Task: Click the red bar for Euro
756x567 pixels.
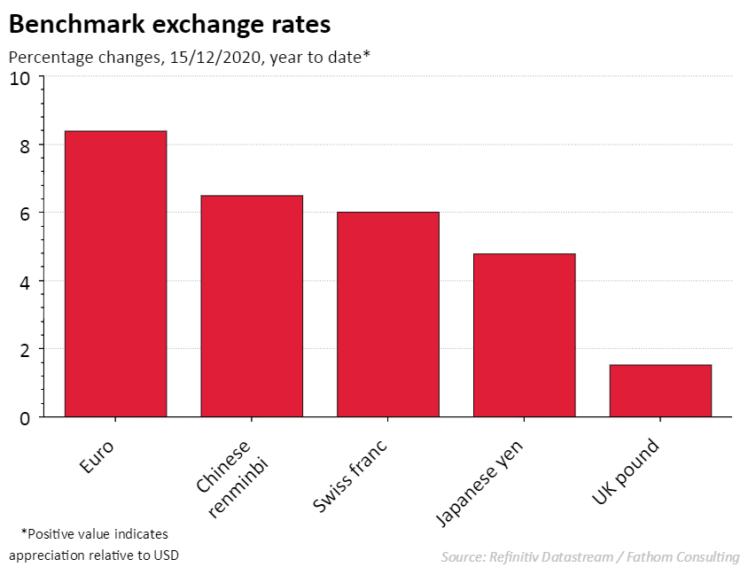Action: click(x=115, y=274)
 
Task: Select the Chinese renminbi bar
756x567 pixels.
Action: click(x=252, y=306)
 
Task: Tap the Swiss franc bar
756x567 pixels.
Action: click(x=388, y=315)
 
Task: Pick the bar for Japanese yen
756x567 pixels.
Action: click(x=525, y=335)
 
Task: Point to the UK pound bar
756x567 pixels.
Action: click(x=660, y=391)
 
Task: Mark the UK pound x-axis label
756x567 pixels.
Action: click(x=628, y=470)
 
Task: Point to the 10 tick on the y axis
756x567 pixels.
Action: click(x=19, y=78)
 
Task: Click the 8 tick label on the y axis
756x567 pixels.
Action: click(x=25, y=146)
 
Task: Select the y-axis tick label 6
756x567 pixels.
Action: click(x=25, y=214)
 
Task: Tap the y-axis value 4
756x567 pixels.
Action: click(x=25, y=282)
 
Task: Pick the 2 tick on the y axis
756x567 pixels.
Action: click(x=25, y=350)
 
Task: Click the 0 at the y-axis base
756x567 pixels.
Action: click(x=25, y=417)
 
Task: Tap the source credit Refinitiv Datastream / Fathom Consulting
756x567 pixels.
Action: click(x=589, y=556)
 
